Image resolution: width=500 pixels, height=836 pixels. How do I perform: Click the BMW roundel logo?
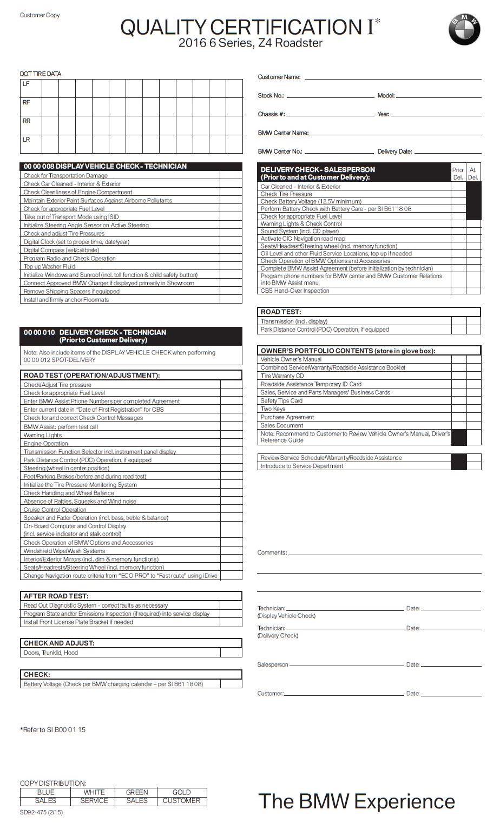click(x=464, y=29)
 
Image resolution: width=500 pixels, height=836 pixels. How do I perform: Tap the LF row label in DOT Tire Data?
click(x=26, y=84)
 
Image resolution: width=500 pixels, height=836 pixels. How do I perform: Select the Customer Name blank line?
click(x=392, y=78)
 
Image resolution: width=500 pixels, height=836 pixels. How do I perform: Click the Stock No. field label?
click(x=271, y=96)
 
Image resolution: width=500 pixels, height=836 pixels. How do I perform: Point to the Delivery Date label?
click(x=394, y=152)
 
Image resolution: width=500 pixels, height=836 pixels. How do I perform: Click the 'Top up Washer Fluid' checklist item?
click(x=49, y=266)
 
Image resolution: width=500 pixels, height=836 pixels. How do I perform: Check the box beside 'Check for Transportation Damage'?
click(x=231, y=175)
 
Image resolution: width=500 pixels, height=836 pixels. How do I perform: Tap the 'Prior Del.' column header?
click(x=458, y=173)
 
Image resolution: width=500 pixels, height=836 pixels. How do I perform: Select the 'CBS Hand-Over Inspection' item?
click(x=294, y=291)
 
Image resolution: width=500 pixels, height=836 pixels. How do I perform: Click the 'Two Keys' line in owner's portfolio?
click(x=273, y=409)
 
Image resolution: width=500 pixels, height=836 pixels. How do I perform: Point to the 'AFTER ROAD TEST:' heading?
click(x=56, y=596)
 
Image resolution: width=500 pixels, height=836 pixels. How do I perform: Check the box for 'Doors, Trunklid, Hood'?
click(x=231, y=653)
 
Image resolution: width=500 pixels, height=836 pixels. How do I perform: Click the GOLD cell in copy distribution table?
click(x=181, y=792)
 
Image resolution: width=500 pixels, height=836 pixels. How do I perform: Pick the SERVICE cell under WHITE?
click(x=94, y=801)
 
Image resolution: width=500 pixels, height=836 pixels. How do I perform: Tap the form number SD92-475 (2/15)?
click(x=41, y=812)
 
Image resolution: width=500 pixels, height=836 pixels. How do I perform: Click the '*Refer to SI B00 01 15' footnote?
click(x=53, y=729)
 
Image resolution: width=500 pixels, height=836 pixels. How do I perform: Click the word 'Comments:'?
click(x=272, y=552)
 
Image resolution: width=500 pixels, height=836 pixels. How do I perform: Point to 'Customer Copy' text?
click(x=40, y=15)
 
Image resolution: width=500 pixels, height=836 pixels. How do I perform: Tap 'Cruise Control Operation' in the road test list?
click(x=55, y=509)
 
